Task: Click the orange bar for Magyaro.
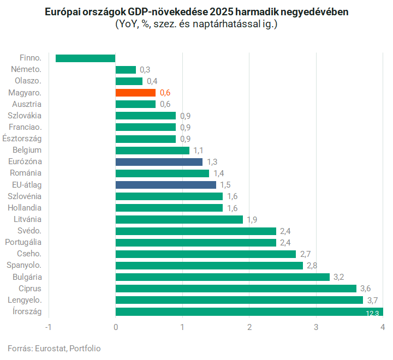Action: (x=135, y=93)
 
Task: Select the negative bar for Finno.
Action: (x=86, y=58)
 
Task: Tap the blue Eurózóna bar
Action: (x=159, y=162)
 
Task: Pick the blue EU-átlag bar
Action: (x=165, y=185)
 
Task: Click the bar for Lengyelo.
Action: (x=239, y=300)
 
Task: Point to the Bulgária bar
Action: (x=222, y=277)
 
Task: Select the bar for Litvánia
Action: (x=179, y=219)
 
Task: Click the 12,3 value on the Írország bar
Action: (x=373, y=313)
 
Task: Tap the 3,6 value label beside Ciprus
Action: (x=366, y=289)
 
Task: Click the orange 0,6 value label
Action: (x=165, y=93)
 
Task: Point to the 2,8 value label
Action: (x=313, y=266)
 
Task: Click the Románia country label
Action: (x=27, y=173)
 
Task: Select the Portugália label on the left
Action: (x=23, y=242)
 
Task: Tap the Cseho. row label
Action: (x=29, y=254)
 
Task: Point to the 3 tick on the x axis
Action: (x=316, y=327)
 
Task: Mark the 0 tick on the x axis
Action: (x=116, y=327)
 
